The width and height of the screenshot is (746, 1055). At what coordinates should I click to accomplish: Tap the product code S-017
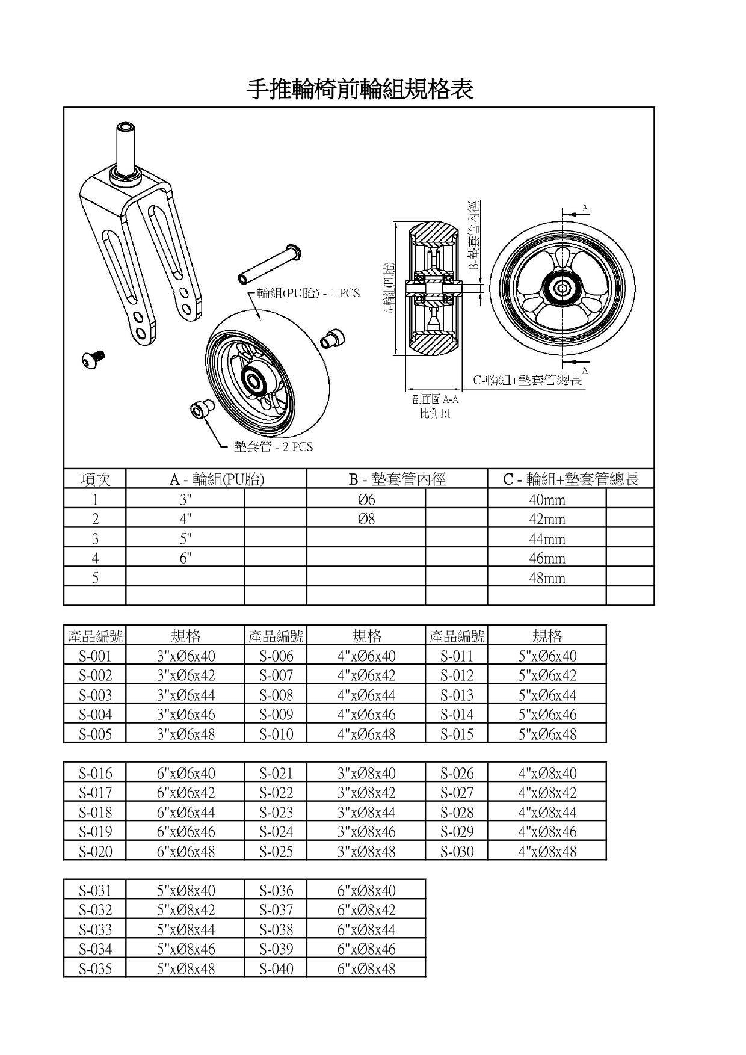click(x=95, y=793)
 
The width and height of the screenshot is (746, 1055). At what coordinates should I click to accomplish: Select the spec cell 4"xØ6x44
click(x=366, y=695)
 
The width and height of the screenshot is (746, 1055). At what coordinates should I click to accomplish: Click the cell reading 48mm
click(x=546, y=578)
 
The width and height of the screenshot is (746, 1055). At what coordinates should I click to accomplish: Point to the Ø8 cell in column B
click(x=366, y=519)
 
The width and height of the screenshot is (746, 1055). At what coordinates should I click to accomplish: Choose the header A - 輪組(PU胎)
click(x=216, y=479)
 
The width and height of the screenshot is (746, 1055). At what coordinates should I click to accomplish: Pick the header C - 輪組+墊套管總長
click(x=570, y=479)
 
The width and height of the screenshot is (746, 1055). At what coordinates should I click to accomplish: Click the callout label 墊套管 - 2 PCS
click(x=274, y=447)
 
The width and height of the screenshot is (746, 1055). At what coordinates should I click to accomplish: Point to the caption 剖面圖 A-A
click(x=436, y=399)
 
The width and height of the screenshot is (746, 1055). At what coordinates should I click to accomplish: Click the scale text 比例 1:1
click(x=436, y=413)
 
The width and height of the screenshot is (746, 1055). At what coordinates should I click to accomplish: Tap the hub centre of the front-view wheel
click(x=562, y=288)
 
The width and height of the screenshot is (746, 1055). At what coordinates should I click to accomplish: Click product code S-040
click(x=276, y=969)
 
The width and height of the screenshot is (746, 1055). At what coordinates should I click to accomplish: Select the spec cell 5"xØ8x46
click(x=185, y=949)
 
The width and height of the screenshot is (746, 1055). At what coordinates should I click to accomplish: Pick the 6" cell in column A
click(x=185, y=558)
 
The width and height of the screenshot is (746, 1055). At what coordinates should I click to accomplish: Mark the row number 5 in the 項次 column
click(x=95, y=578)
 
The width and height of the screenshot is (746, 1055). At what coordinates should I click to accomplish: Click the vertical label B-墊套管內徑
click(x=475, y=235)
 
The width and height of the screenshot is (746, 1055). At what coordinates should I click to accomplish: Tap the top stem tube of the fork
click(x=126, y=147)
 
